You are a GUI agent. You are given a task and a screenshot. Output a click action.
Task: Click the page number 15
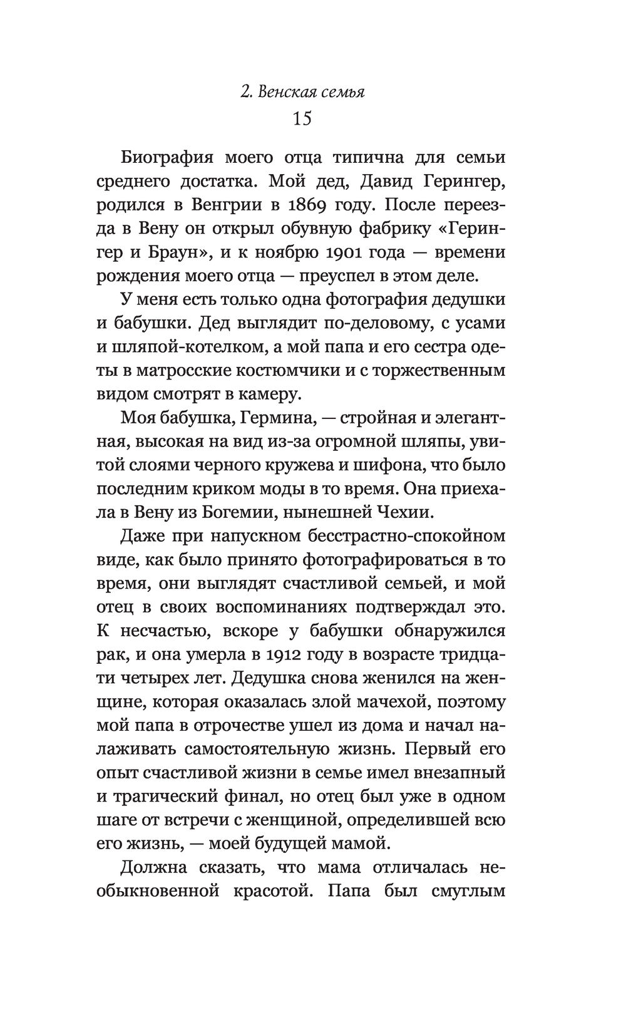pyautogui.click(x=302, y=118)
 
